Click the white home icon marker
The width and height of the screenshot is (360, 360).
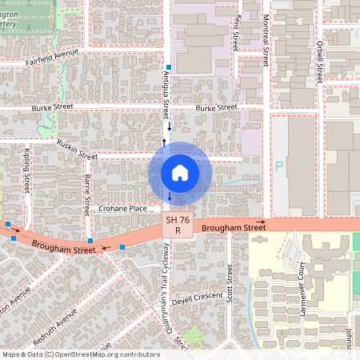point(179,173)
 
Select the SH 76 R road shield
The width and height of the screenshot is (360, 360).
point(178,225)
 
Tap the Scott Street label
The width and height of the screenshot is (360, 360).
point(230,281)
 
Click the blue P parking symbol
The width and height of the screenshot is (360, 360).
point(279,166)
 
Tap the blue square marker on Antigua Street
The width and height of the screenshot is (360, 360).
point(168,67)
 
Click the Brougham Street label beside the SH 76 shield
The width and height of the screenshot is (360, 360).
point(234,228)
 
